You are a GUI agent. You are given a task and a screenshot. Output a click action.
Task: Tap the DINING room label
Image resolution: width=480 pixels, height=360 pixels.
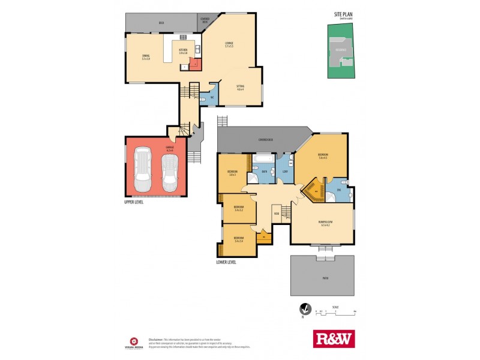click(x=146, y=56)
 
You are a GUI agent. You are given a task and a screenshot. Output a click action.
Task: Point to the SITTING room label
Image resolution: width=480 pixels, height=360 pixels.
click(x=240, y=88)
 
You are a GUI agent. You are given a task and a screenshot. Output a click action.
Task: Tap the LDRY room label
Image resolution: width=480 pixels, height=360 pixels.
click(x=286, y=172)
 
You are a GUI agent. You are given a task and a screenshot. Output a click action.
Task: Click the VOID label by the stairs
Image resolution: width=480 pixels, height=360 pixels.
click(x=277, y=214)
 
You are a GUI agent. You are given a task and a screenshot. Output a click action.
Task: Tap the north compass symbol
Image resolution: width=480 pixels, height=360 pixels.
click(x=305, y=310)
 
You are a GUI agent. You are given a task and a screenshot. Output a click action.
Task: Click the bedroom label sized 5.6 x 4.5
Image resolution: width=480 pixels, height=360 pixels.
click(x=323, y=156)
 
